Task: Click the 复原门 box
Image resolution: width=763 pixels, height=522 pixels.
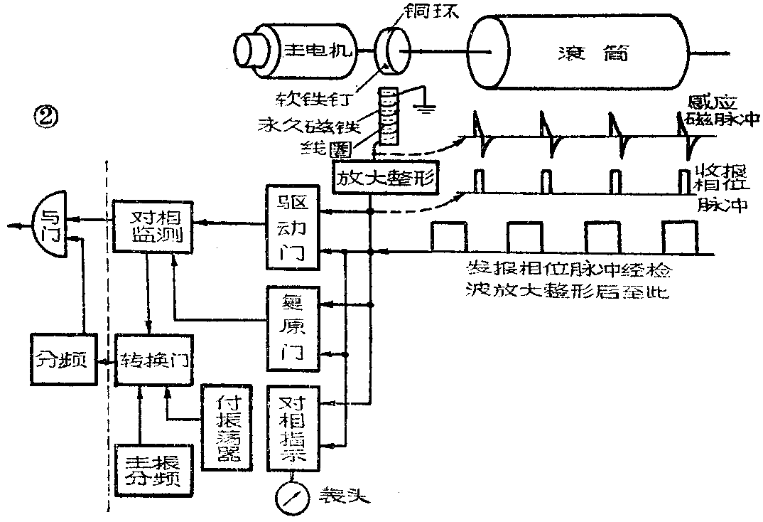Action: (x=293, y=328)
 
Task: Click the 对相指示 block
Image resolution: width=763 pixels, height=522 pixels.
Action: (x=293, y=427)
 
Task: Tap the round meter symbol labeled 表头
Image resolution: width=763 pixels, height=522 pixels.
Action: (x=291, y=497)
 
